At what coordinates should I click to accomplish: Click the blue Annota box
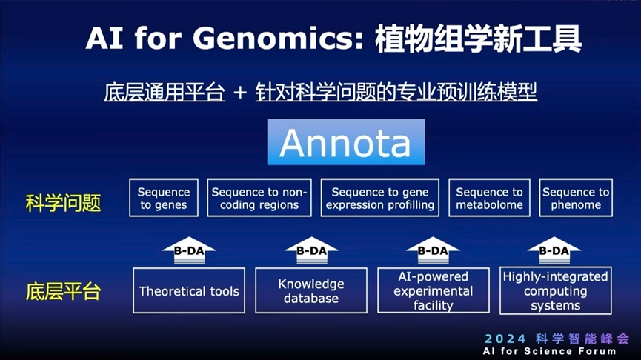345,142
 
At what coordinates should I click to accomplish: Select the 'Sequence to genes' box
164,198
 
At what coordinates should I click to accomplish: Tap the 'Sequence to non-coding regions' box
259,198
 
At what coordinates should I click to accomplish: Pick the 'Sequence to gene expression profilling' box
379,198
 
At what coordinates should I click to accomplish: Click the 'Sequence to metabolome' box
489,198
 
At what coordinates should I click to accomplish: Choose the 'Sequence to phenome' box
576,198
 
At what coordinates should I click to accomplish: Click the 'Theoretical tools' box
189,290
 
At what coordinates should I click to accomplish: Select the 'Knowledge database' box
310,290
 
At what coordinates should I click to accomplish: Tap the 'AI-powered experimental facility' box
433,290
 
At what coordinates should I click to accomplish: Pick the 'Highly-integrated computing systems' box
555,290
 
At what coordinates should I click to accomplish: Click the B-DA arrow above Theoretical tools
189,250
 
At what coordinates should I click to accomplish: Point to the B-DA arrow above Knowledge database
311,250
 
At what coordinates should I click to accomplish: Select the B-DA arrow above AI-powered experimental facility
433,250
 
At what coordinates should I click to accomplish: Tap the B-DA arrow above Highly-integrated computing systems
554,250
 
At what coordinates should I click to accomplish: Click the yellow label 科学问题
63,202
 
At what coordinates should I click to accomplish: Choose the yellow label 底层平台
63,291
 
